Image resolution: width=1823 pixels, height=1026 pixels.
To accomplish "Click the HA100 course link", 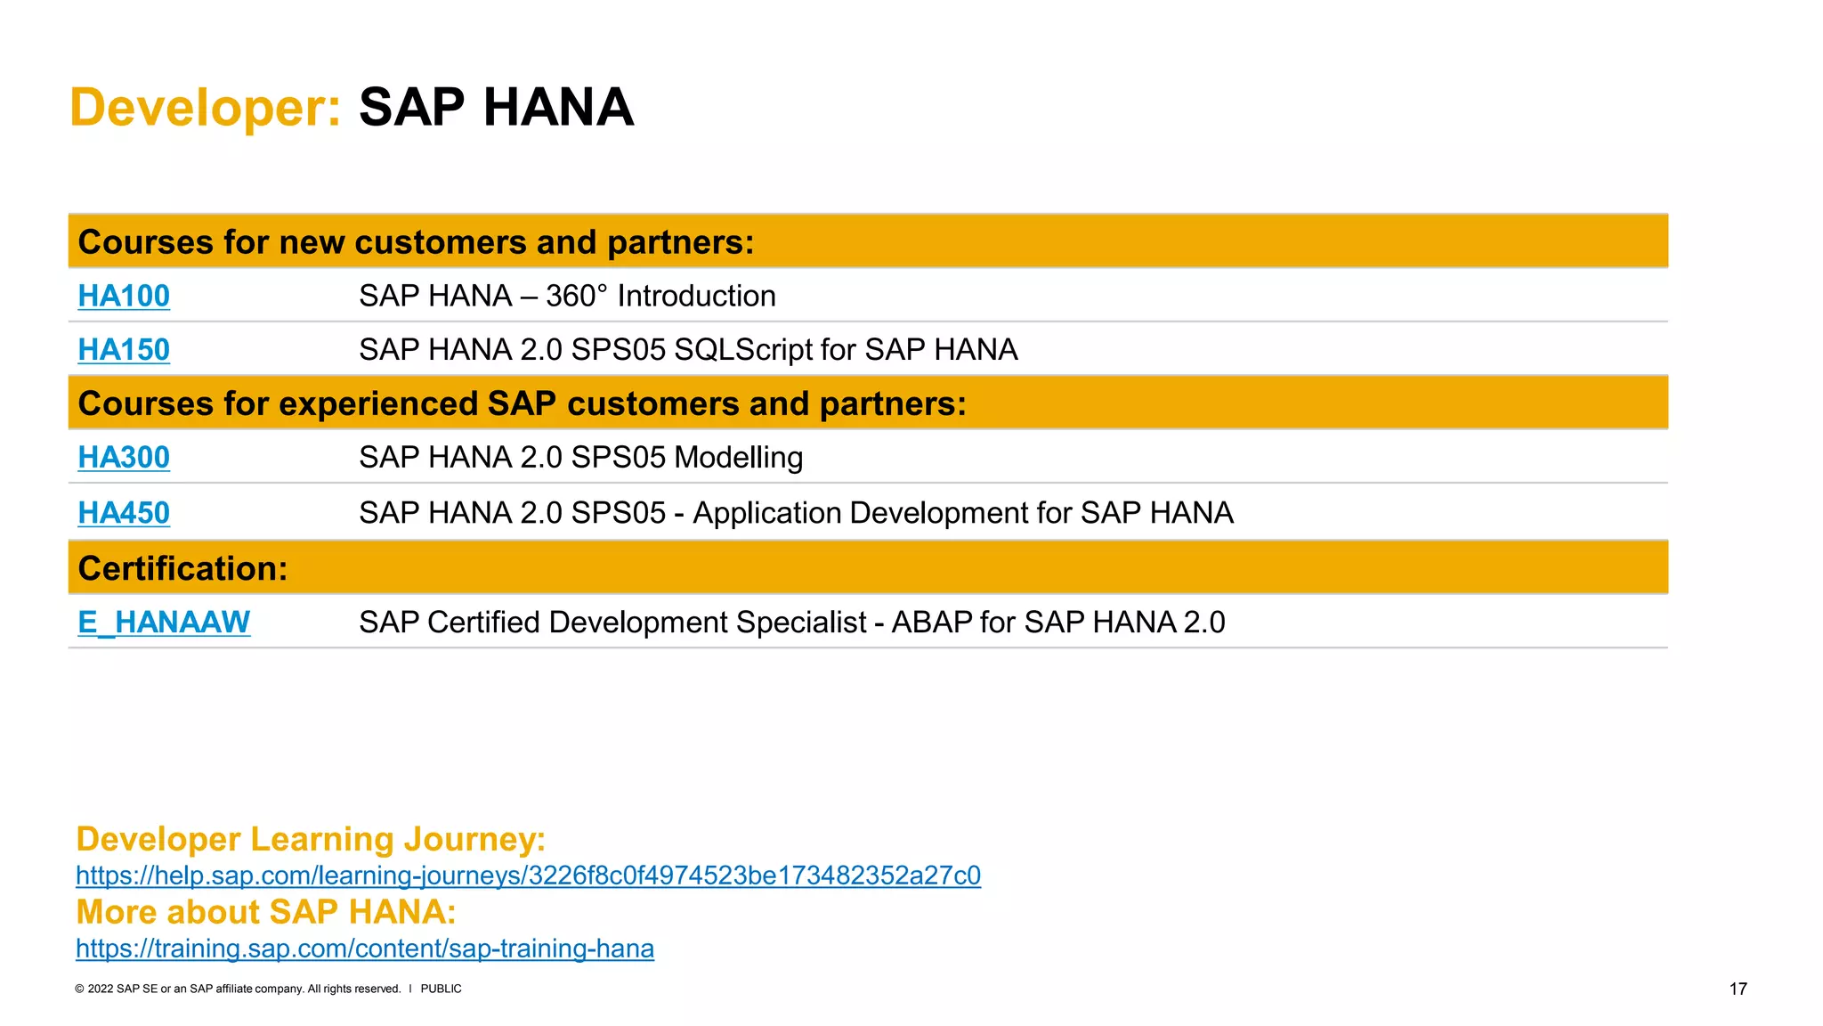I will (124, 296).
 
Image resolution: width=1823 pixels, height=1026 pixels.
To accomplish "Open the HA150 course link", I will (124, 350).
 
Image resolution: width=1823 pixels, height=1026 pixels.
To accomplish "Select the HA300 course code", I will (124, 457).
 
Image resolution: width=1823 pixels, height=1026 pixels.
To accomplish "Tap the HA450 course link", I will (124, 513).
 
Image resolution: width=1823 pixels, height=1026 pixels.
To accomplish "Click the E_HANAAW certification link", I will (164, 622).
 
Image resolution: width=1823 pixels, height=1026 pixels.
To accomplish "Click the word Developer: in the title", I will (206, 108).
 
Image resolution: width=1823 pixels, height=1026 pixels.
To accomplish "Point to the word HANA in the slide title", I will (558, 108).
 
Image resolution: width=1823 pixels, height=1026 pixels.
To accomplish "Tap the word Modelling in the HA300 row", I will (739, 458).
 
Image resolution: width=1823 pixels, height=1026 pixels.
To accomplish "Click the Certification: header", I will (183, 568).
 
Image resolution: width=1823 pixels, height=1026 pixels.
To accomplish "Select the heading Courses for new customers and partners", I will (416, 242).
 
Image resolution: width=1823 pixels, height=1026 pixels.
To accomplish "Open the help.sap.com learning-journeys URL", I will (528, 875).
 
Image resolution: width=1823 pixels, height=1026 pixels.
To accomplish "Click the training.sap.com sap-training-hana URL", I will (365, 949).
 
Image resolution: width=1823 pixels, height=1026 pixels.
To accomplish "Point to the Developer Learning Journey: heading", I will (311, 839).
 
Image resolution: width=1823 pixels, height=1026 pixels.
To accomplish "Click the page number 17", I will (1738, 989).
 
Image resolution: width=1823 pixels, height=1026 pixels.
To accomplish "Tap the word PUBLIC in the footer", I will (441, 989).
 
